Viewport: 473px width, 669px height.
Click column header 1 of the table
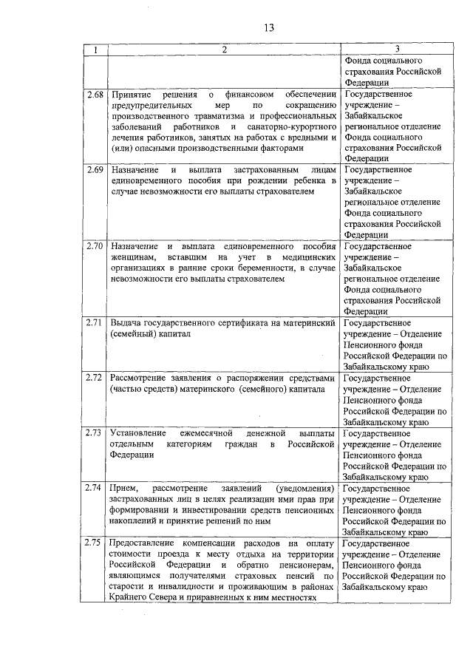click(95, 50)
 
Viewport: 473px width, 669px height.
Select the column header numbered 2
click(223, 50)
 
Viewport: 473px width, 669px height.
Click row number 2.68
click(94, 95)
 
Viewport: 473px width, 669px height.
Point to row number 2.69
click(94, 170)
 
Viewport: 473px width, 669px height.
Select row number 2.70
click(94, 245)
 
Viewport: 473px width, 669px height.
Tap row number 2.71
click(94, 322)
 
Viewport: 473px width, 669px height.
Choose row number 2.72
click(94, 377)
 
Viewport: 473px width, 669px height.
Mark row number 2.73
click(94, 432)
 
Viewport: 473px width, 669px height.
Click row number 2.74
click(94, 488)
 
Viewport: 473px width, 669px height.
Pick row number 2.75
click(94, 543)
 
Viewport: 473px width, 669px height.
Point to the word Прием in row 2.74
click(123, 489)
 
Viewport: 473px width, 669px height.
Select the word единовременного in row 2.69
click(148, 181)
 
